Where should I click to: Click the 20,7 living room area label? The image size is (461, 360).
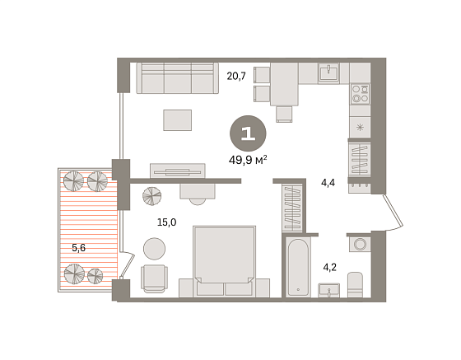point(236,77)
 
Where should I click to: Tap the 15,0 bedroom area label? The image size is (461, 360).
point(166,222)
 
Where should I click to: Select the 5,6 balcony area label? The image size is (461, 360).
point(79,248)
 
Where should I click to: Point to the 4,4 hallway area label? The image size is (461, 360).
point(328,183)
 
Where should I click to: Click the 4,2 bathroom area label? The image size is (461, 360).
point(329,268)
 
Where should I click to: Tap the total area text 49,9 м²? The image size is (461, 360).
point(248,161)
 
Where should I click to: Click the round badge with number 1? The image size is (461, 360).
point(248,133)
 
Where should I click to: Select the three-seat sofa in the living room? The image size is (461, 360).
point(177,78)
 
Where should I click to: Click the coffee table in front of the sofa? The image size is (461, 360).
point(178,120)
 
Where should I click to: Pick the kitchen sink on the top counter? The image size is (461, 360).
point(328,72)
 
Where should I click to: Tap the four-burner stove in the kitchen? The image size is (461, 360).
point(361,94)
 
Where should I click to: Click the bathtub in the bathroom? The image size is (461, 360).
point(298,267)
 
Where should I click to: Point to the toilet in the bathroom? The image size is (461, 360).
point(355,285)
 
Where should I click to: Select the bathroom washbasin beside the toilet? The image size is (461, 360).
point(329,290)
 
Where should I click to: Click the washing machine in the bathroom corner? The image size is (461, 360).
point(360,244)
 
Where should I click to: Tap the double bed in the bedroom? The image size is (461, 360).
point(224,261)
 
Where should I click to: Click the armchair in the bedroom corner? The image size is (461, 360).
point(155,278)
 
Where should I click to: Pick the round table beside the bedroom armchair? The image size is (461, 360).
point(155,249)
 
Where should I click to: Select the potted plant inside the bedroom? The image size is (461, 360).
point(151,196)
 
